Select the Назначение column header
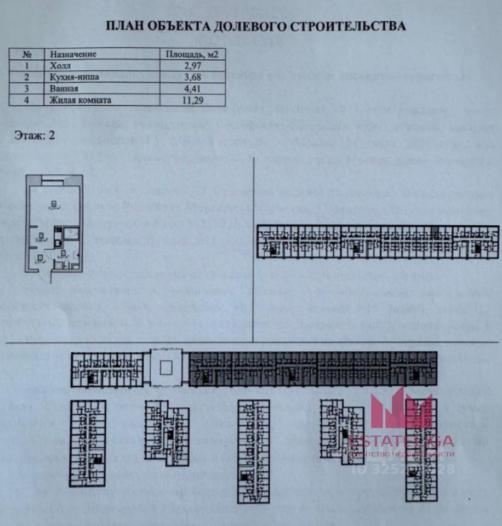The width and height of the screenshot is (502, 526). click(x=73, y=54)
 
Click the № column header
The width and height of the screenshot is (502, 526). click(x=26, y=54)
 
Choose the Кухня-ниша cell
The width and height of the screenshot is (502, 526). click(x=75, y=77)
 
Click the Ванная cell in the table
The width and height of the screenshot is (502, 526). click(x=65, y=89)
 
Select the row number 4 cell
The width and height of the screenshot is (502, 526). click(x=26, y=100)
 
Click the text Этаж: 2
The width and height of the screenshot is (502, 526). click(x=35, y=136)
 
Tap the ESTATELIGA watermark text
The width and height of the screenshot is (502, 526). click(x=401, y=441)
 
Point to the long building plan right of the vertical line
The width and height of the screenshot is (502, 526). click(x=378, y=241)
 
